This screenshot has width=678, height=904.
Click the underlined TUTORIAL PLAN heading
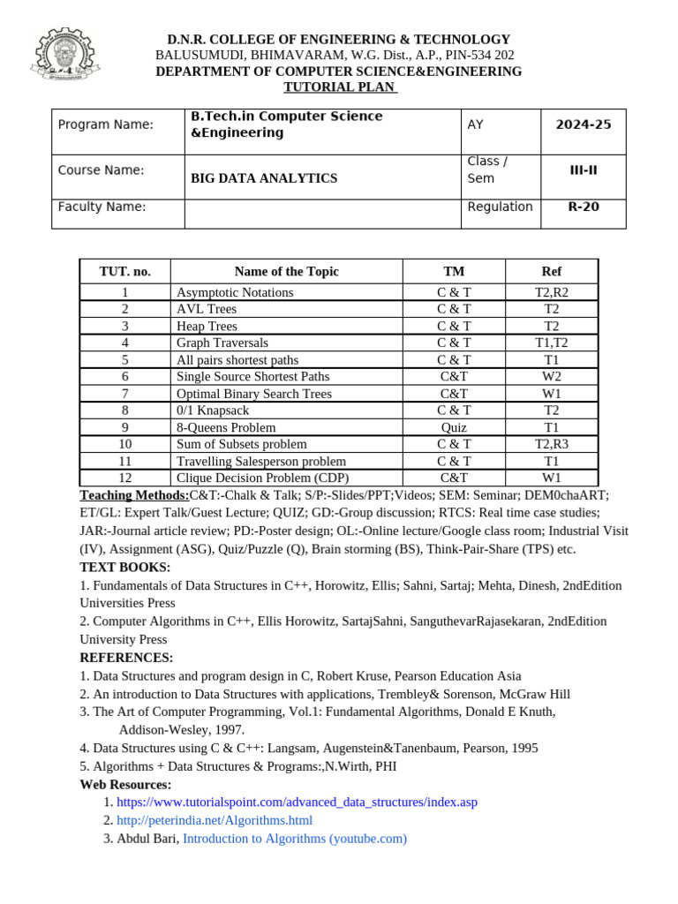coord(339,87)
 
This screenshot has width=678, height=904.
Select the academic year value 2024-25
coord(583,124)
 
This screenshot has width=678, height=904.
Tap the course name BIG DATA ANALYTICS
coord(264,178)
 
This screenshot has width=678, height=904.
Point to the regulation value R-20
coord(583,207)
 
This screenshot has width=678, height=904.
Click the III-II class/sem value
coord(583,169)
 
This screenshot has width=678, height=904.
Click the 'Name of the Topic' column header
coord(286,271)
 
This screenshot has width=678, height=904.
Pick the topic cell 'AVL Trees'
coord(207,309)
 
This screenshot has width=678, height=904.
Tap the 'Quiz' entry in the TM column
coord(454,427)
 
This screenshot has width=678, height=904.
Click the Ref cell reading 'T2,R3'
coord(552,444)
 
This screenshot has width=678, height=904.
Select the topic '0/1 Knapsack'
coord(213,411)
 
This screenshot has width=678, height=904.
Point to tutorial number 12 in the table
coord(124,478)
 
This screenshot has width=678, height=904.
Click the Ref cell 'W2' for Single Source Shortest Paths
coord(552,376)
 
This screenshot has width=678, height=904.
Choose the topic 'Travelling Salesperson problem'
coord(261,461)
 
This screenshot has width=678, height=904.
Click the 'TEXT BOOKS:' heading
coord(125,567)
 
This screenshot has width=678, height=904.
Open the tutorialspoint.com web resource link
coord(297,802)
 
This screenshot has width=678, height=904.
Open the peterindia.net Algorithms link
coord(215,820)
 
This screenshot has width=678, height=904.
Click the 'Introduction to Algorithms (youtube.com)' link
coord(295,839)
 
